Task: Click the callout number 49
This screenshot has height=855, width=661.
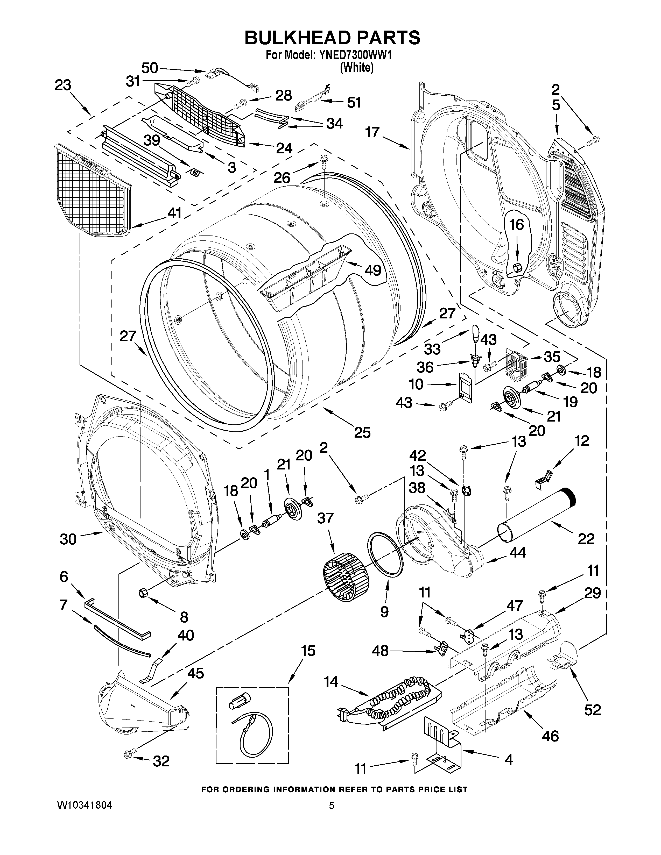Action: [373, 270]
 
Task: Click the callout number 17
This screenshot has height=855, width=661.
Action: [372, 132]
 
